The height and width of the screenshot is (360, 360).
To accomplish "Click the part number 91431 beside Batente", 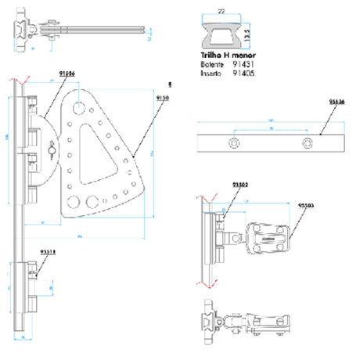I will [x=239, y=67].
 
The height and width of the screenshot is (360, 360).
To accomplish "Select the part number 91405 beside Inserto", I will [x=239, y=74].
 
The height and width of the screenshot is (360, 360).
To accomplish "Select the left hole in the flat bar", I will [x=232, y=143].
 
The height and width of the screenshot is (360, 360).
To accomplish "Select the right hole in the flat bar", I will [x=308, y=143].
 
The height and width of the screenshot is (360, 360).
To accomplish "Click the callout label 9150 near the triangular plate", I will [x=162, y=97].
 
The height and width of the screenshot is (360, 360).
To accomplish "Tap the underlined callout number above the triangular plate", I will [x=67, y=73].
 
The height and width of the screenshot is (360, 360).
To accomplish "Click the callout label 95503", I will [x=306, y=205].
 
